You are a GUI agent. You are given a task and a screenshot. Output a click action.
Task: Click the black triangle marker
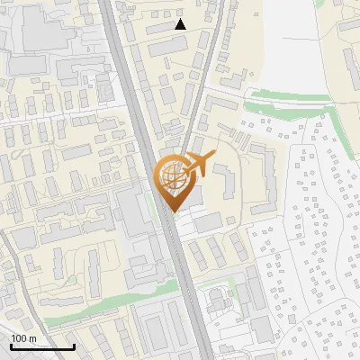pyautogui.click(x=180, y=24)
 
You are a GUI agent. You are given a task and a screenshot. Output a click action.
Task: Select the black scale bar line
pyautogui.click(x=42, y=346)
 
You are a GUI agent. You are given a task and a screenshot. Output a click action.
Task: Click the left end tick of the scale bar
pyautogui.click(x=11, y=345)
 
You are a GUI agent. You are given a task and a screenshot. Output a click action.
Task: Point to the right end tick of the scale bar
pyautogui.click(x=74, y=345)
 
